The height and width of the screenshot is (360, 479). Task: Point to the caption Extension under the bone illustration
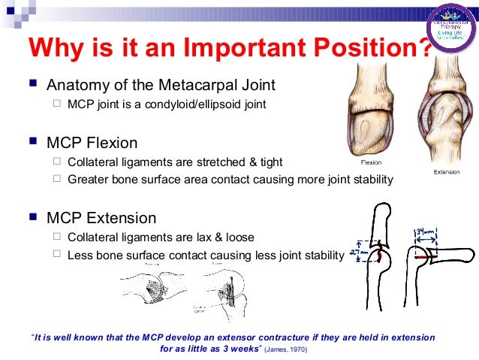[x=447, y=172]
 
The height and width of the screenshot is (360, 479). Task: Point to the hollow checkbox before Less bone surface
[x=57, y=256]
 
